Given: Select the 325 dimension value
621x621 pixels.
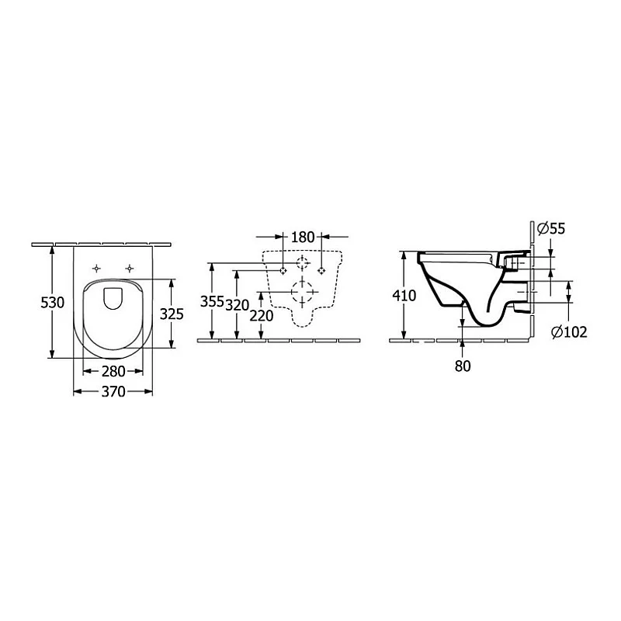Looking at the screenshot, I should [171, 314].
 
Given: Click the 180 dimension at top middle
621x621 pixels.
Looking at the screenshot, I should [303, 236].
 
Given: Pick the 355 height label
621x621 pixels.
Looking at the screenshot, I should [211, 302].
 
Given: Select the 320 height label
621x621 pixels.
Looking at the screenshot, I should [237, 304].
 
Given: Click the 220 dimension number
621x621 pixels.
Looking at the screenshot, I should [262, 317].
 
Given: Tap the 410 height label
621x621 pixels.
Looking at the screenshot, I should [404, 296].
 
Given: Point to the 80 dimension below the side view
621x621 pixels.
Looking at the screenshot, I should [463, 366].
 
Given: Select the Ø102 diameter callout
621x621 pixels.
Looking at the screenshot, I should [569, 332].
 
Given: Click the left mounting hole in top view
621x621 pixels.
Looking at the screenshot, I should [96, 268].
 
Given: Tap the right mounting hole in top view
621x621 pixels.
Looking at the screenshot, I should [129, 268].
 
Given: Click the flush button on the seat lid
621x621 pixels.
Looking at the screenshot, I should [113, 297].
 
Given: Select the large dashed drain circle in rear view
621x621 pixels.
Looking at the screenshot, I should [303, 293].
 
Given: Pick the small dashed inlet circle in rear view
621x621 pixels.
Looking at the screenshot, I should [303, 262].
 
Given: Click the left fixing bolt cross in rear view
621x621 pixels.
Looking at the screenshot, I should [283, 270].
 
